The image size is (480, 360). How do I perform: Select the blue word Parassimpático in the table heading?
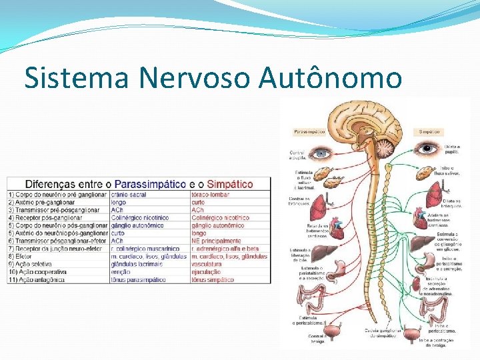click(150, 183)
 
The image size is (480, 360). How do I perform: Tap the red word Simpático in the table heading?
click(230, 183)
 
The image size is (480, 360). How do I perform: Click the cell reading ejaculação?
click(206, 272)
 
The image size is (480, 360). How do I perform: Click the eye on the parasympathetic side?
click(322, 153)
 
